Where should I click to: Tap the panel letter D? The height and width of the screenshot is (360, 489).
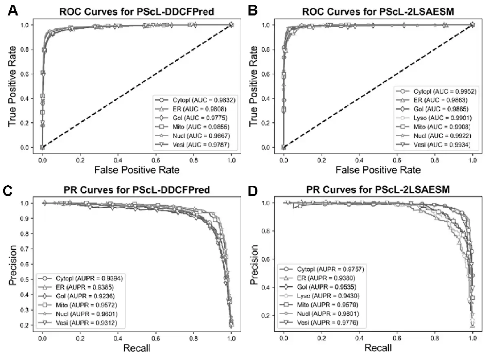pyautogui.click(x=253, y=191)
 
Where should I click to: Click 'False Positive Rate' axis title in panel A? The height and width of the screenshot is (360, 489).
pyautogui.click(x=137, y=170)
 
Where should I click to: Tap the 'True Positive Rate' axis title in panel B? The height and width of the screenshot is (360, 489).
pyautogui.click(x=253, y=86)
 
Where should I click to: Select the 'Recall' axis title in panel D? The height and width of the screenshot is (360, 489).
pyautogui.click(x=378, y=348)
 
